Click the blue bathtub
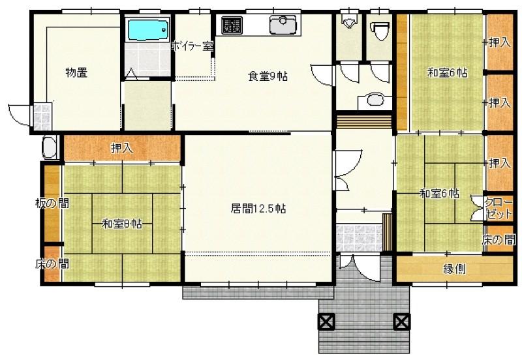click(148, 29)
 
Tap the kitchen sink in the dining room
click(283, 25)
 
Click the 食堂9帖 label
click(268, 76)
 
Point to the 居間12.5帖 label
click(258, 209)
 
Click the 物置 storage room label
click(76, 72)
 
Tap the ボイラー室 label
click(192, 46)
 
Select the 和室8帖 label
click(122, 223)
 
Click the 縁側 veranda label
click(454, 269)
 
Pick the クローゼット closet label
click(499, 209)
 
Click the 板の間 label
click(52, 203)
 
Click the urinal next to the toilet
click(348, 22)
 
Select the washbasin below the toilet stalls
click(375, 100)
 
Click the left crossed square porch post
click(326, 322)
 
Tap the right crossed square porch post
click(402, 322)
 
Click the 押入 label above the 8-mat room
click(122, 148)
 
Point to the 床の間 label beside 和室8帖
click(52, 264)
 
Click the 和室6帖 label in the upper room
click(447, 72)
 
